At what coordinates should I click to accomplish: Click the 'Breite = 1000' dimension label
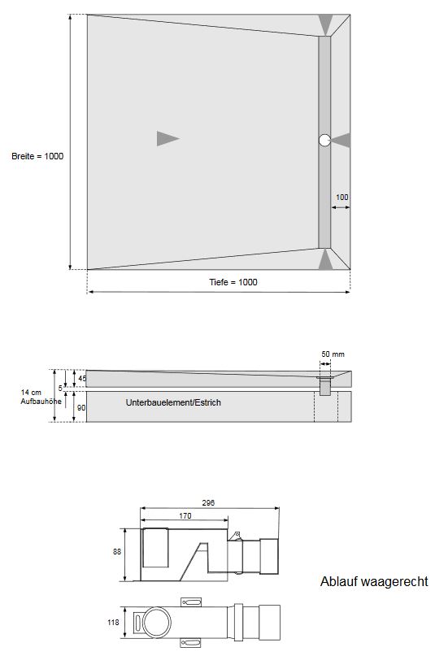(37, 156)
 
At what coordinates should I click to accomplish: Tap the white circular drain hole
(324, 140)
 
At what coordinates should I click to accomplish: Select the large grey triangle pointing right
(167, 138)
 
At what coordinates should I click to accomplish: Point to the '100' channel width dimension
(342, 198)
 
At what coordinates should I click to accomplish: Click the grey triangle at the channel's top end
(325, 25)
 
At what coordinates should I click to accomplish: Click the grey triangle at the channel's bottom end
(325, 260)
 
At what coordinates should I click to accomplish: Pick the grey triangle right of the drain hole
(341, 140)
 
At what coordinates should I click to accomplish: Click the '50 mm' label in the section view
(333, 354)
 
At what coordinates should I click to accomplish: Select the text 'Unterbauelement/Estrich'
(173, 402)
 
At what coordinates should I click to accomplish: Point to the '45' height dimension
(80, 379)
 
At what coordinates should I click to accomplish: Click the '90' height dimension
(80, 407)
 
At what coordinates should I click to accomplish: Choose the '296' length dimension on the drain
(208, 503)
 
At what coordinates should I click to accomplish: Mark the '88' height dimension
(116, 551)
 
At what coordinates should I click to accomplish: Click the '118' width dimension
(113, 623)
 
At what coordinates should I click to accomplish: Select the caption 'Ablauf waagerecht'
(374, 582)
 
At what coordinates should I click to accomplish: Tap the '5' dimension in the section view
(71, 389)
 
